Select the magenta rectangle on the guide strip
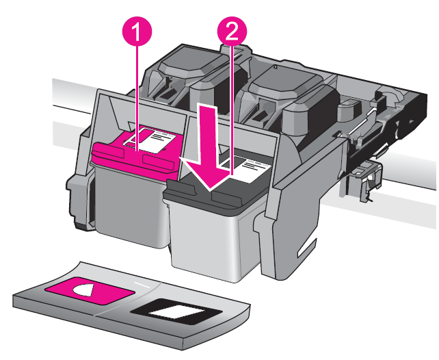tap(85, 289)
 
